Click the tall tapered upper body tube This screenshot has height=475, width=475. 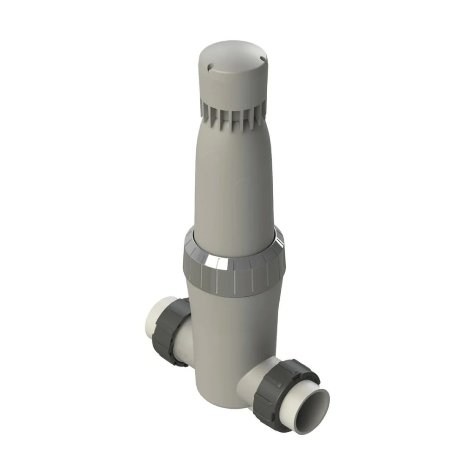click(232, 176)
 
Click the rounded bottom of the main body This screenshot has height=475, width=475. click(216, 394)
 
